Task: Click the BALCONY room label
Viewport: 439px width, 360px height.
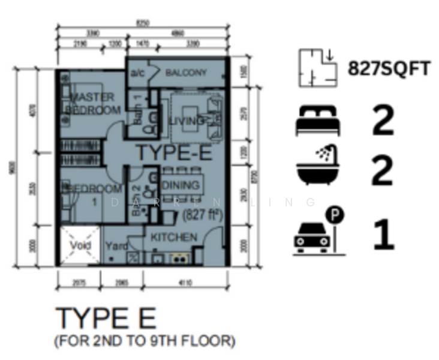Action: pos(186,73)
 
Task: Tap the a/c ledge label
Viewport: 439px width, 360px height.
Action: pos(137,73)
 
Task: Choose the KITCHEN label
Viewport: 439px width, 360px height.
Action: pos(174,238)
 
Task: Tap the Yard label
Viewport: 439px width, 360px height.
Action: pos(115,246)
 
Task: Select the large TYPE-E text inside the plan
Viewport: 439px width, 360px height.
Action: pos(173,153)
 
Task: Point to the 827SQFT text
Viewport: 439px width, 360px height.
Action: pos(389,68)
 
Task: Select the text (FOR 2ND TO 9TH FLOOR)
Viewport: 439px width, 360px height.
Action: pos(145,341)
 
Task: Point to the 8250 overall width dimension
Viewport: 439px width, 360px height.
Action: pos(142,23)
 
